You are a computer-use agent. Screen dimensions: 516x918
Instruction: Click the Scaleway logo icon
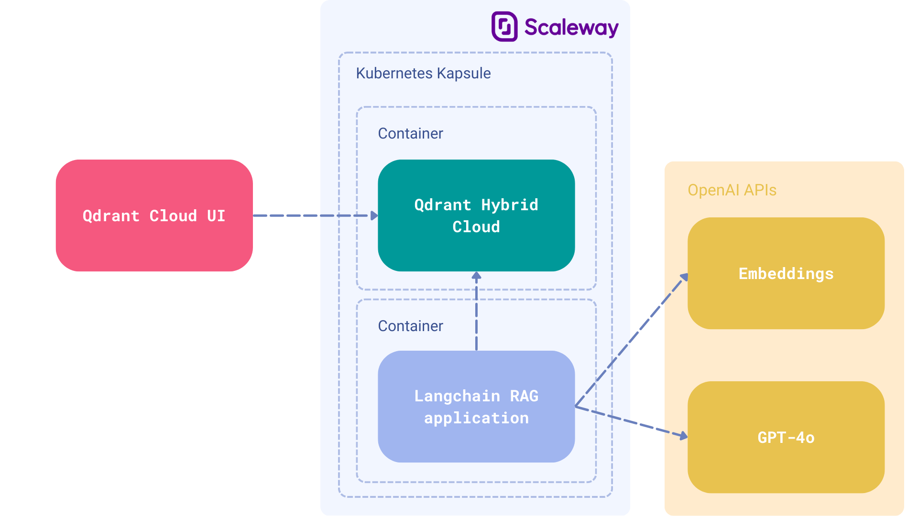click(x=504, y=27)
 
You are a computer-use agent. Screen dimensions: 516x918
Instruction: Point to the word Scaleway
click(x=571, y=27)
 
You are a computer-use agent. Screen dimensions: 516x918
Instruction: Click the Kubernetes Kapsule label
click(x=423, y=73)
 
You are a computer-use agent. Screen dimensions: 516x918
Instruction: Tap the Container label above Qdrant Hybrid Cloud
click(x=410, y=133)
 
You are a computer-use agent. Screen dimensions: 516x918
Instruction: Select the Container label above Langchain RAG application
click(x=410, y=326)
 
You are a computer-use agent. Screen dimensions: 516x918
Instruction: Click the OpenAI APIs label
click(x=732, y=190)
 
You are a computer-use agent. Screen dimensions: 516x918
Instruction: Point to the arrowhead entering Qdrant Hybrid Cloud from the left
click(x=374, y=216)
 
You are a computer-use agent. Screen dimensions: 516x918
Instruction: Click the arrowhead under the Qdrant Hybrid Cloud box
click(x=476, y=276)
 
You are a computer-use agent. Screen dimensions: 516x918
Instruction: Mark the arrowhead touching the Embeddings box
click(x=684, y=277)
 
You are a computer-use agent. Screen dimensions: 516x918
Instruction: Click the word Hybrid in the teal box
click(x=509, y=205)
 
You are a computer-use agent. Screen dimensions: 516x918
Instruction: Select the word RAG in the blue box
click(x=524, y=396)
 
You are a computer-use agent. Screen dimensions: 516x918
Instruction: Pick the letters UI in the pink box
click(x=216, y=216)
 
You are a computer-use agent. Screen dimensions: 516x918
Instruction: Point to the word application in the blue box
click(x=476, y=418)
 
